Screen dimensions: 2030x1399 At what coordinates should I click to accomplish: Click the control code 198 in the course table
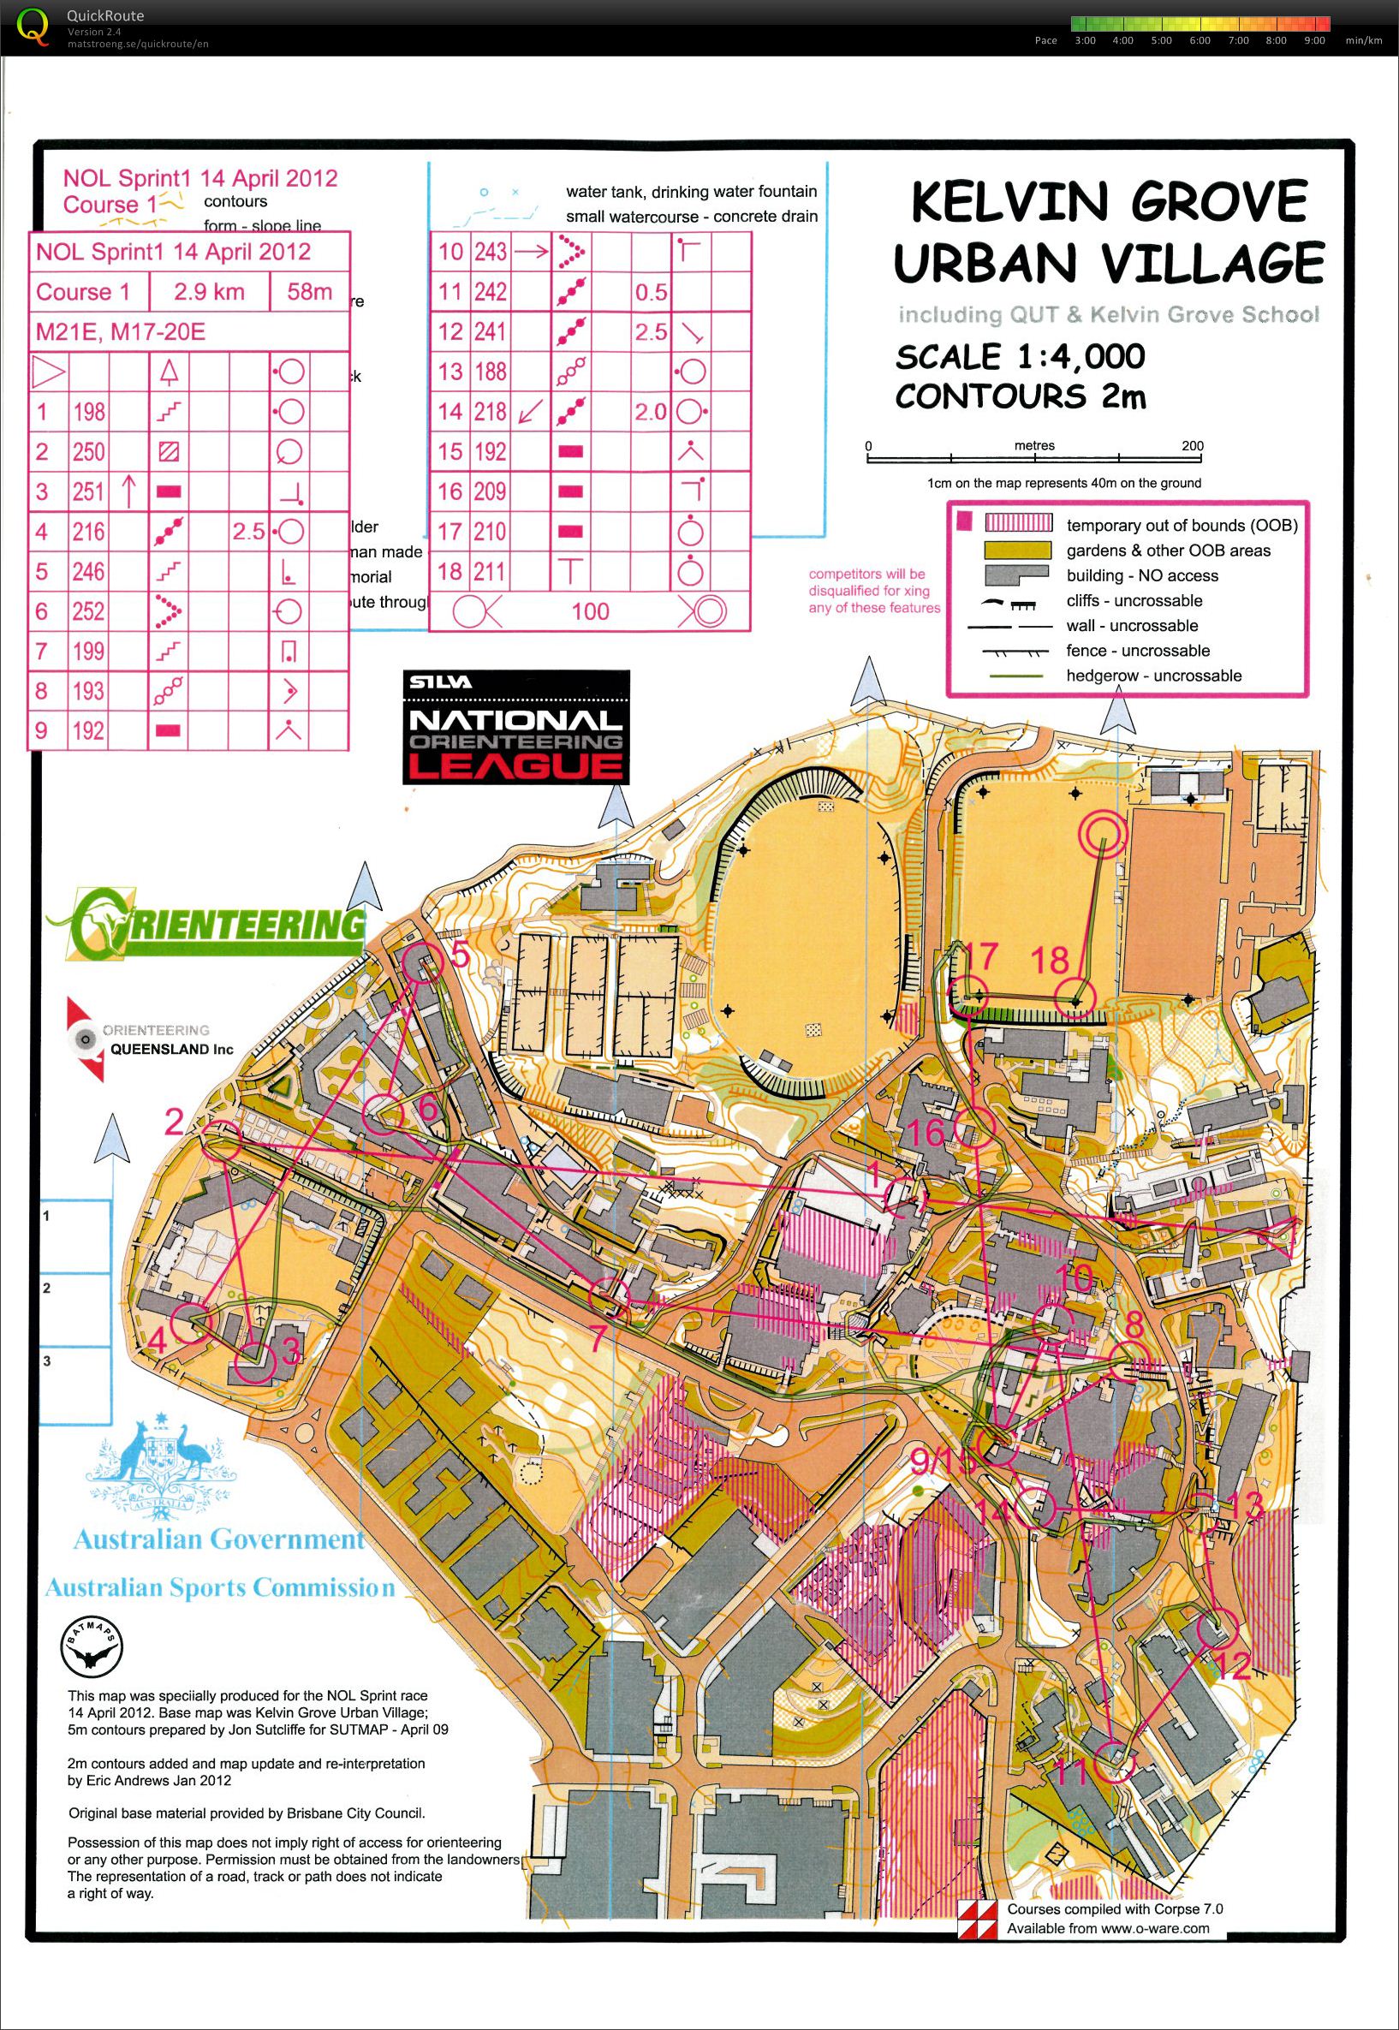(88, 411)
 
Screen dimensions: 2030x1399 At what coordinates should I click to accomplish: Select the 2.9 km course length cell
(208, 292)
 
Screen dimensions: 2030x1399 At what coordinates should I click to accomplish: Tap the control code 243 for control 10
(490, 252)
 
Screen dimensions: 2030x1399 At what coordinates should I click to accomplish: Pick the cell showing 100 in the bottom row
(590, 611)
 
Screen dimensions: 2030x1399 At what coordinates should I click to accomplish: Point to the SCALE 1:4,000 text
(1020, 357)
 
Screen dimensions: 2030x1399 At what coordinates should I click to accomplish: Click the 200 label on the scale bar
(1192, 446)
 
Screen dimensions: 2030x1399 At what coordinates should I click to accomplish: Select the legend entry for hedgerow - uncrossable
(1153, 676)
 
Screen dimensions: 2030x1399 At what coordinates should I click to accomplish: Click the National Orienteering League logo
(515, 726)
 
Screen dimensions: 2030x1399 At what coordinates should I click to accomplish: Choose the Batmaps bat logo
(90, 1649)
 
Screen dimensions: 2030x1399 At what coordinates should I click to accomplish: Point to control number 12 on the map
(1235, 1665)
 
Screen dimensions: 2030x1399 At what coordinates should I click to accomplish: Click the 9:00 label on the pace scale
(1314, 40)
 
